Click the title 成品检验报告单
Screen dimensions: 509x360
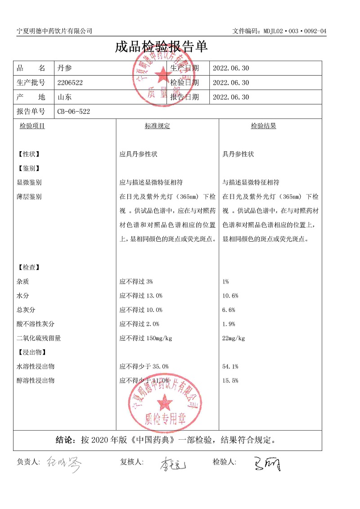(x=161, y=47)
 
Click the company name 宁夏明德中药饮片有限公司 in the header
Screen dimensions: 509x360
(x=54, y=31)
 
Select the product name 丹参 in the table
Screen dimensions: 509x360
(x=65, y=68)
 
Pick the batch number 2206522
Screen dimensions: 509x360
(x=70, y=83)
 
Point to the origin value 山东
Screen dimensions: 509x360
(x=65, y=97)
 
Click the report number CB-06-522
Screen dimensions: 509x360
(x=74, y=112)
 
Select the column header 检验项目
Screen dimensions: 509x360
(x=32, y=126)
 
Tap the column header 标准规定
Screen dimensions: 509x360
(x=157, y=126)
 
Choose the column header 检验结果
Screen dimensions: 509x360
(x=264, y=126)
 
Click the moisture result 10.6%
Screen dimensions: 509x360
(x=230, y=296)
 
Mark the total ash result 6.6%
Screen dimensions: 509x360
(x=229, y=310)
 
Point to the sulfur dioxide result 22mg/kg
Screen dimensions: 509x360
(x=234, y=338)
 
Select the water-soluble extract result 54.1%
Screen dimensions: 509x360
(x=230, y=367)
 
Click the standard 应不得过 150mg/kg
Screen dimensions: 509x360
(x=146, y=338)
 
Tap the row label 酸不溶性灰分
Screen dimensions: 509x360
(x=36, y=324)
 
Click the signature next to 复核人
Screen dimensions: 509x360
(x=171, y=464)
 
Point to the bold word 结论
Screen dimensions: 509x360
(x=65, y=440)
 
